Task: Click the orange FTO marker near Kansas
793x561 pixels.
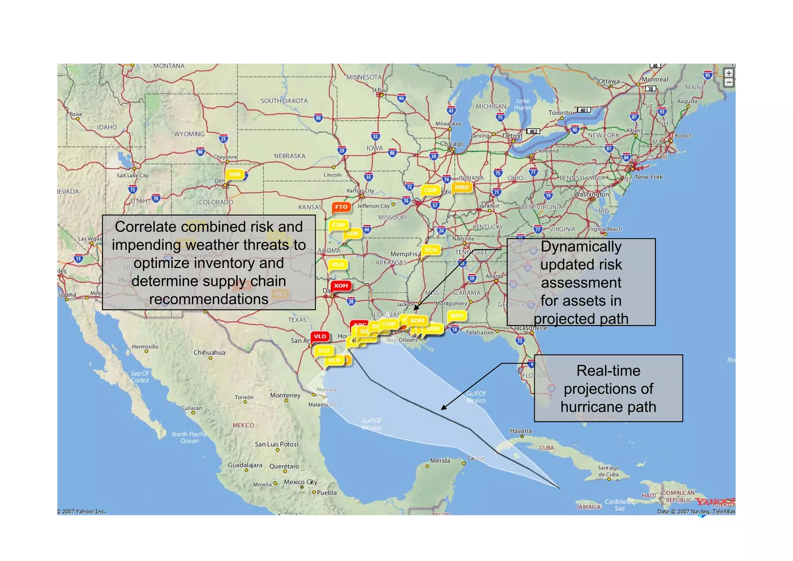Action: (341, 207)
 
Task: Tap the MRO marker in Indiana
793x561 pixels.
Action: (462, 188)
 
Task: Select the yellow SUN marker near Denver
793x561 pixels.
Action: (235, 174)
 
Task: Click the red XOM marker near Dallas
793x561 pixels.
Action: (341, 286)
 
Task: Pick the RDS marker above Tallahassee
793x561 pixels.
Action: (457, 316)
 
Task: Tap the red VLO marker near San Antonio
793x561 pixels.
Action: (320, 336)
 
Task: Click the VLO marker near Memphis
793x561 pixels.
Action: (431, 250)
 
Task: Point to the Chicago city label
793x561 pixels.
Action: (451, 144)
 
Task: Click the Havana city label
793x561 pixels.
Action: (520, 431)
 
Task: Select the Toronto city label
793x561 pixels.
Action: (560, 113)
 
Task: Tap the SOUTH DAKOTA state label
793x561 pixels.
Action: (284, 101)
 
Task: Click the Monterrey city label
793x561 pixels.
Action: (285, 395)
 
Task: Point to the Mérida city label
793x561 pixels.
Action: (440, 461)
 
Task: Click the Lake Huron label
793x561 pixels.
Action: (522, 104)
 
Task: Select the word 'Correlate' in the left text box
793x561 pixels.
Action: (146, 227)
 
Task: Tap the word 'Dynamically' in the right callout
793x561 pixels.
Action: (581, 246)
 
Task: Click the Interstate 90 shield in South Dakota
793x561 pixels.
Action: (318, 118)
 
